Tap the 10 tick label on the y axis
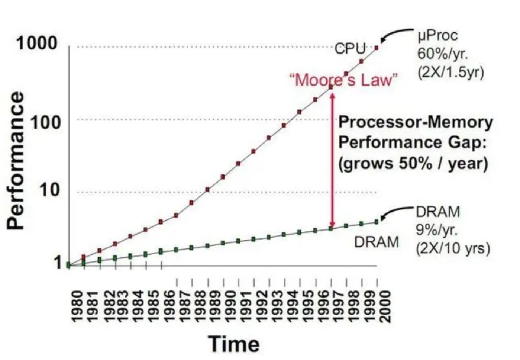click(x=50, y=190)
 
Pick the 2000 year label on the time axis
click(x=385, y=306)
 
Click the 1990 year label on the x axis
click(x=231, y=306)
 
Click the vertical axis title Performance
click(x=15, y=161)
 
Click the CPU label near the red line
click(x=350, y=48)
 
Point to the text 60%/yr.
click(x=442, y=53)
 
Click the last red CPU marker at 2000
click(x=377, y=48)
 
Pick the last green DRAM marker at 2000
click(x=377, y=222)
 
